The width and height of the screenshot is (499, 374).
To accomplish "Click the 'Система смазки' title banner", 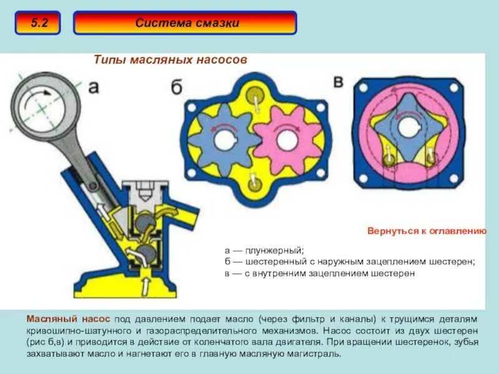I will coord(185,23).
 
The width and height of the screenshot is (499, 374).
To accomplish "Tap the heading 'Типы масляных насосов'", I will coord(170,59).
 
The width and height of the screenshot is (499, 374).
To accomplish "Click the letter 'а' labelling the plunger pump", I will coord(93,87).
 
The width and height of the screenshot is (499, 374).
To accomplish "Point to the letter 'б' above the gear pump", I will coord(177,87).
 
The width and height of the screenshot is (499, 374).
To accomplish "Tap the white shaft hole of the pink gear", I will coord(286,140).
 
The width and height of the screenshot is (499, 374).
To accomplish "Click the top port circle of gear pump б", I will coord(253,96).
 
